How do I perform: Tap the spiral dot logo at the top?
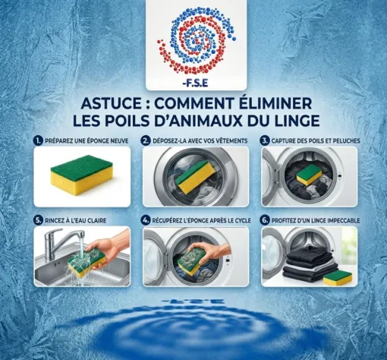pyautogui.click(x=193, y=42)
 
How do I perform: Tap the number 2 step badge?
pyautogui.click(x=146, y=141)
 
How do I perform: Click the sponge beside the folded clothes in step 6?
pyautogui.click(x=337, y=276)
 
